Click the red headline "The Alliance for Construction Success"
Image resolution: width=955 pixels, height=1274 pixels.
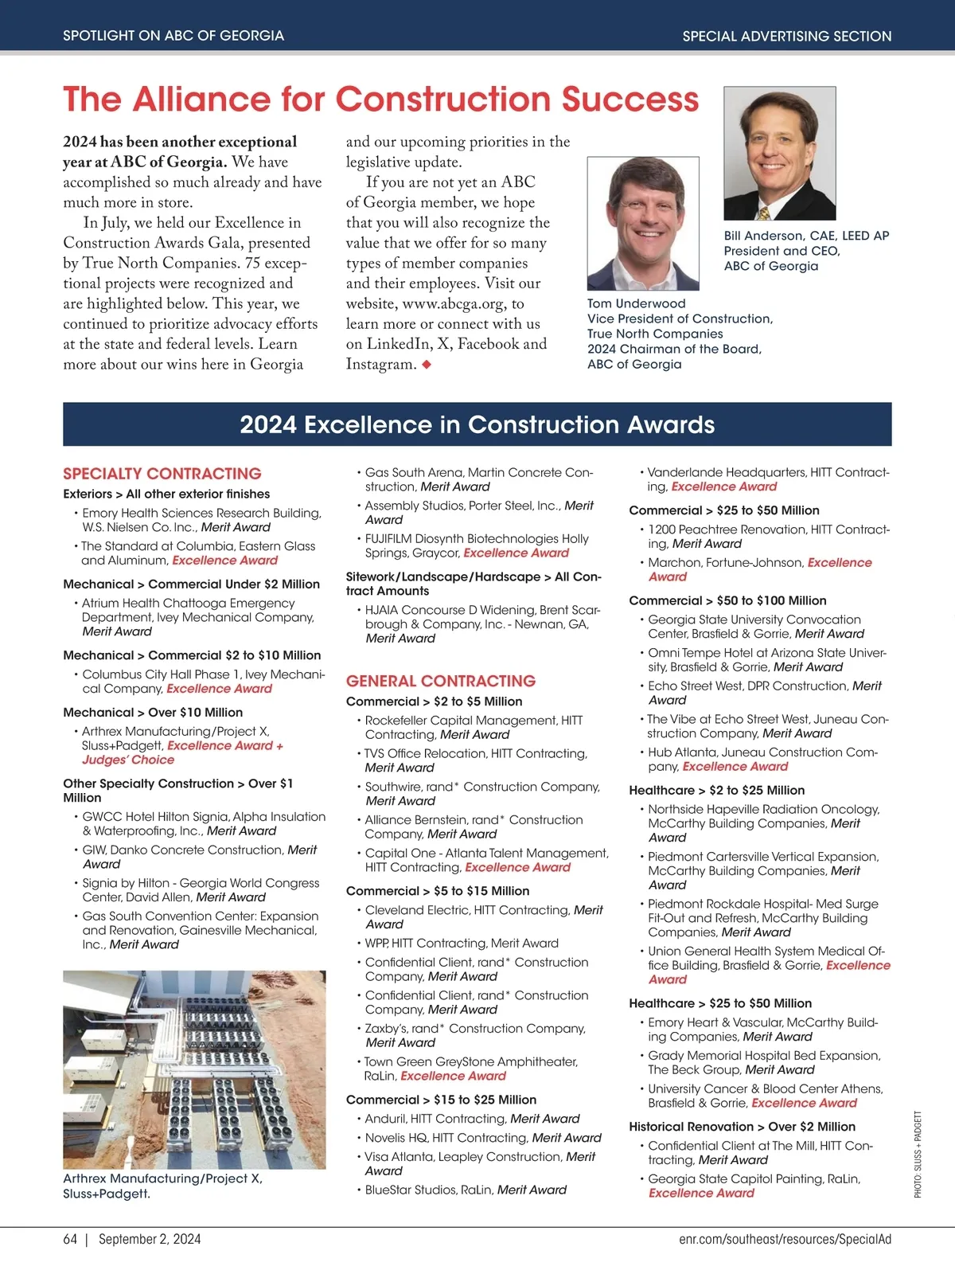click(x=380, y=100)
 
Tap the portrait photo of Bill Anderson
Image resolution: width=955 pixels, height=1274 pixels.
click(x=779, y=153)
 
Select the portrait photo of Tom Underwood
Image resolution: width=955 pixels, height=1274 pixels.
click(x=643, y=223)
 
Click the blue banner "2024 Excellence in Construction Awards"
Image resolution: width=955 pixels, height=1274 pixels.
click(x=477, y=424)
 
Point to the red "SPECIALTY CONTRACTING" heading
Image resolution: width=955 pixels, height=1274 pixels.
click(x=162, y=474)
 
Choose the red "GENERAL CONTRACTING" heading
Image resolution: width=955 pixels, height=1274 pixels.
click(x=441, y=681)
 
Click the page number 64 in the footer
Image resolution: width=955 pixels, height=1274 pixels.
click(x=70, y=1239)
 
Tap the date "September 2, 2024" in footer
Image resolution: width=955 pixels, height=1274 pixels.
click(x=150, y=1239)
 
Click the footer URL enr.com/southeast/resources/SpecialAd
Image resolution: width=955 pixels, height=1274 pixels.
click(x=785, y=1239)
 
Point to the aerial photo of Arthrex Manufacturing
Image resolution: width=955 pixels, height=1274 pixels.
click(x=194, y=1069)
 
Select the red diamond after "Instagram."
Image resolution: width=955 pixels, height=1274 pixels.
click(x=427, y=365)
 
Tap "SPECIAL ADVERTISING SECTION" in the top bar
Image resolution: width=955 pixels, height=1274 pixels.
click(x=786, y=36)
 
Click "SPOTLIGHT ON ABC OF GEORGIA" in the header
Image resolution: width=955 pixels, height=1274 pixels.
click(x=173, y=36)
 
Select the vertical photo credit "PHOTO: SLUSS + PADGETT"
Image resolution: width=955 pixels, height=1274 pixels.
click(x=918, y=1154)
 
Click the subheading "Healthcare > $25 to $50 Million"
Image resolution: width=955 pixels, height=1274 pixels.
click(x=720, y=1003)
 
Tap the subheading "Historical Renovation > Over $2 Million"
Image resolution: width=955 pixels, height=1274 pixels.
click(x=742, y=1127)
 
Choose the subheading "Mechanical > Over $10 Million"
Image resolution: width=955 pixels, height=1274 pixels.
click(x=153, y=713)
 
